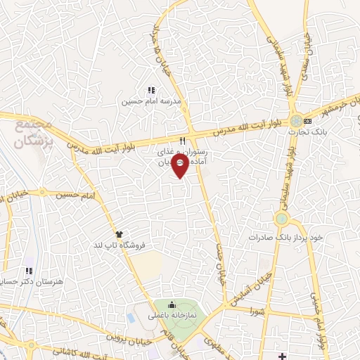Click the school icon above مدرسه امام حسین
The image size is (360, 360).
150,90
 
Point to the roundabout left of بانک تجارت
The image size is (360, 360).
297,120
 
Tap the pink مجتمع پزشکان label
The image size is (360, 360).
34,134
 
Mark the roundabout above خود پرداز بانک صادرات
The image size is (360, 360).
283,219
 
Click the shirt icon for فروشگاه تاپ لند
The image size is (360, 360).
119,234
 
